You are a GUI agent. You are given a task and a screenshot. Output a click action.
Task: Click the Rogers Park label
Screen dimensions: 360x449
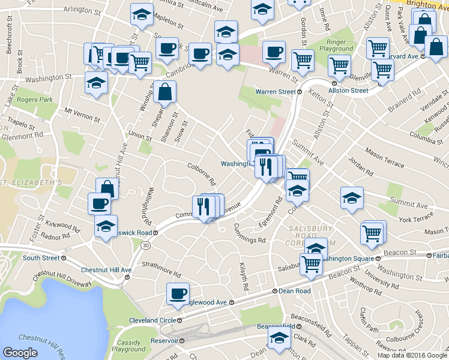click(x=35, y=100)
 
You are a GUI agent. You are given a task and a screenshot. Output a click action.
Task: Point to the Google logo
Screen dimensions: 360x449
click(x=20, y=353)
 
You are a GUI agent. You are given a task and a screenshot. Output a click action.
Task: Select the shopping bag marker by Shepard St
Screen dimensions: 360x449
click(x=164, y=92)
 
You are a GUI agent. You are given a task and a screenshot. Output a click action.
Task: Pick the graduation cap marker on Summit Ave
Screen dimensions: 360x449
click(x=352, y=199)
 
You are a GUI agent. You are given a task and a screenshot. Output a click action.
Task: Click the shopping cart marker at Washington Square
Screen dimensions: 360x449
click(x=312, y=263)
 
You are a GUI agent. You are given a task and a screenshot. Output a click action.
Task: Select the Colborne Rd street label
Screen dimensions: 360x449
click(x=201, y=175)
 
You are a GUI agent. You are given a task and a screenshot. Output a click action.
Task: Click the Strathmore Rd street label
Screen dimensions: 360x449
click(x=161, y=268)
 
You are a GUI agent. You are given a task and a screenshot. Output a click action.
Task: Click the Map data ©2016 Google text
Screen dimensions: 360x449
click(x=412, y=355)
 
